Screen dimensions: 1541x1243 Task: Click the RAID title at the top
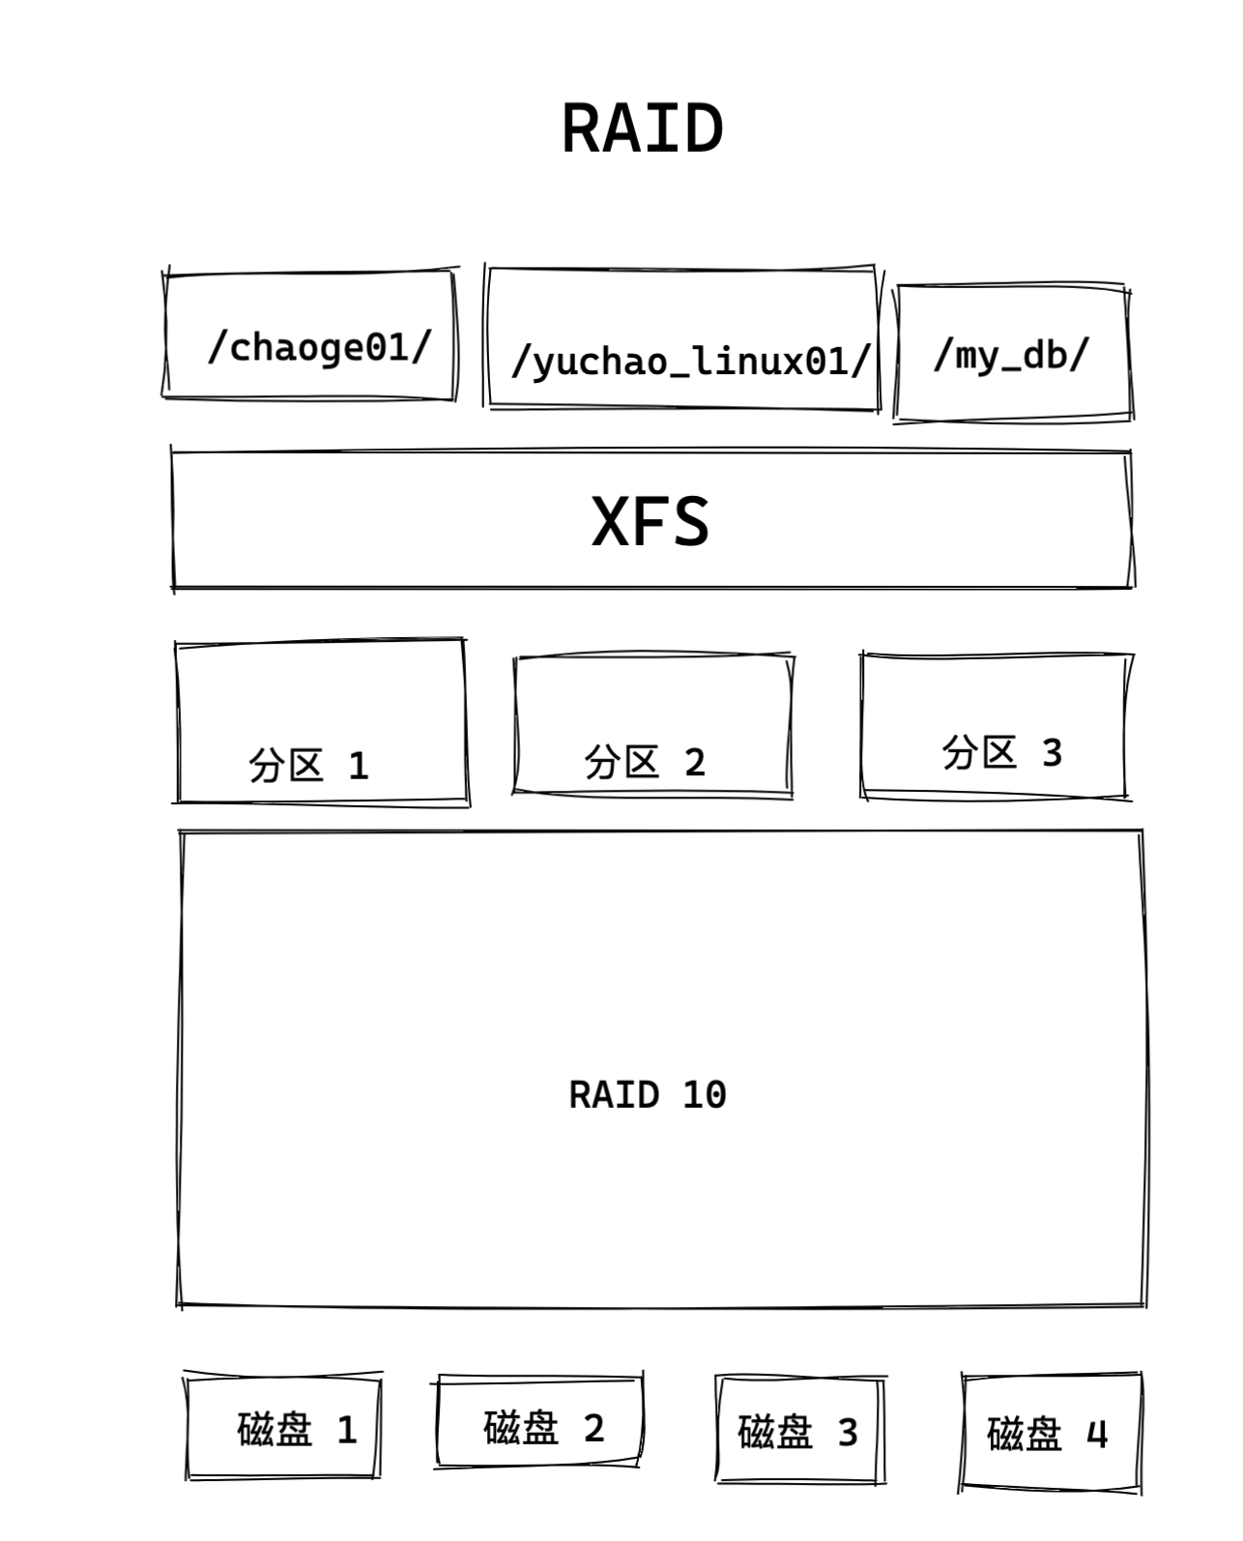point(643,129)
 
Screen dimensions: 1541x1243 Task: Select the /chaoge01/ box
point(310,335)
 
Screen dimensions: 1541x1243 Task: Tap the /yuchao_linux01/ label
point(691,362)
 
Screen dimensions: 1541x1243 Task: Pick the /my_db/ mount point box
point(1012,354)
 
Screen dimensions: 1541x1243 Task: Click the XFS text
point(650,522)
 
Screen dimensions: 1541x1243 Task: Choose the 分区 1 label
point(308,766)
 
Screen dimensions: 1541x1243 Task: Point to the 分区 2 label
point(645,763)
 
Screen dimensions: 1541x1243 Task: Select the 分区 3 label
point(1002,752)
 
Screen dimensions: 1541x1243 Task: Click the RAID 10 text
point(648,1095)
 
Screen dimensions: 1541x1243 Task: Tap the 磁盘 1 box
point(282,1428)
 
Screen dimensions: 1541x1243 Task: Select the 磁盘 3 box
point(799,1431)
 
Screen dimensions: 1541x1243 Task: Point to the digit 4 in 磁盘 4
point(1097,1434)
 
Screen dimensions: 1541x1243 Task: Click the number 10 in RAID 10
point(705,1095)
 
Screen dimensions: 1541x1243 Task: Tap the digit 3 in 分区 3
point(1052,752)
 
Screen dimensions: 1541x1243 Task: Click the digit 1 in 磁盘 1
point(347,1430)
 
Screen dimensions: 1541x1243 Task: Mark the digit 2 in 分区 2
point(695,764)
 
